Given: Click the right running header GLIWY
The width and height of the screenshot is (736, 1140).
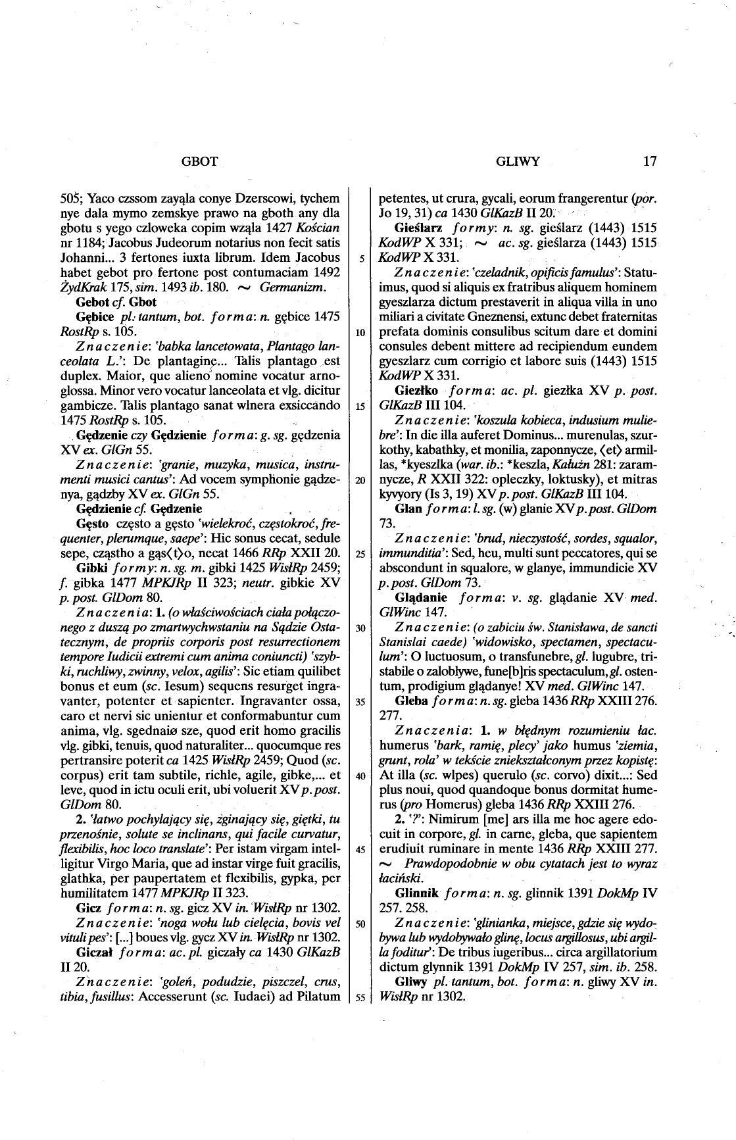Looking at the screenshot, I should tap(518, 161).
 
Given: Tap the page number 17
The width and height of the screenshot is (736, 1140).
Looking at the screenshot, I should tap(650, 161).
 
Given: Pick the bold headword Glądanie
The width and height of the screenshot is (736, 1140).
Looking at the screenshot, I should tap(421, 597).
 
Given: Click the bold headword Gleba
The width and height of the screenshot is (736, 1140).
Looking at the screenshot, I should tap(410, 701).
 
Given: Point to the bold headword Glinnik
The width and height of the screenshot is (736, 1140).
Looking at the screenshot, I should tap(418, 893).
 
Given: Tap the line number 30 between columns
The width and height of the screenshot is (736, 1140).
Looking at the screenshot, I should tap(360, 628).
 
